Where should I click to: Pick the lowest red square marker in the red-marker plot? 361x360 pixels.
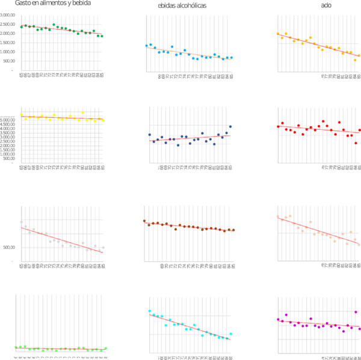tap(356, 144)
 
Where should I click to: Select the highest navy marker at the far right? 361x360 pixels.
tap(230, 126)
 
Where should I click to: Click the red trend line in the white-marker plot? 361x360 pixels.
tap(60, 239)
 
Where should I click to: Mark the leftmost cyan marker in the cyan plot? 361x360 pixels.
tap(149, 311)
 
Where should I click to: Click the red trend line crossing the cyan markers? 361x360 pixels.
tap(190, 325)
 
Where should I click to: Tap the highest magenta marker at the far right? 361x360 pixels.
tap(356, 313)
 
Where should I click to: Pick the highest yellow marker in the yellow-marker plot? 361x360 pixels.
tap(82, 112)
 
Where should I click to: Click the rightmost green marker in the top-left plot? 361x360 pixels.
tap(102, 37)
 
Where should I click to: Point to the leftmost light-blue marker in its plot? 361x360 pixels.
tap(147, 46)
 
